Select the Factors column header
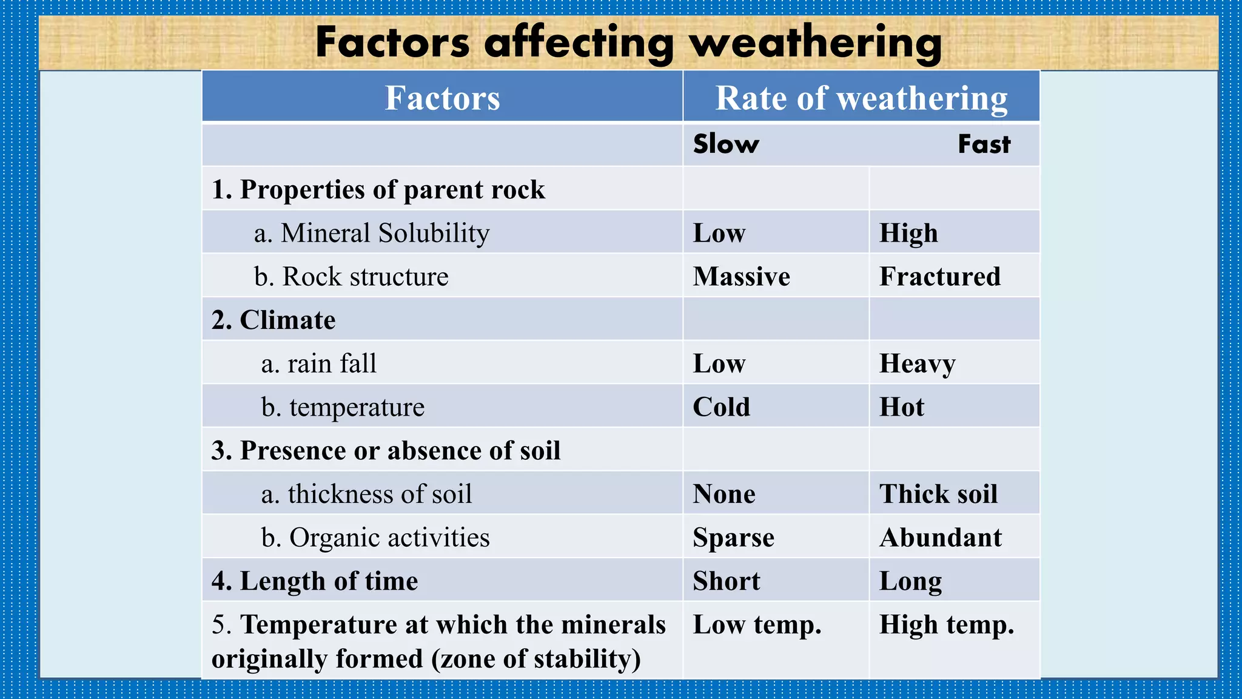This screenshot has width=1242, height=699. pos(442,98)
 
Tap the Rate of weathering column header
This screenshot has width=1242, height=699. pos(861,98)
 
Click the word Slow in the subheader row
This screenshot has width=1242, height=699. pos(725,144)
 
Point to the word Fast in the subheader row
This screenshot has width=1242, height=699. pos(984,144)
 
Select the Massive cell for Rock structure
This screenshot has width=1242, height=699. pos(741,277)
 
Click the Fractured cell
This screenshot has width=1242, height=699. pos(939,277)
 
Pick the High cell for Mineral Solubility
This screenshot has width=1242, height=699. pos(908,234)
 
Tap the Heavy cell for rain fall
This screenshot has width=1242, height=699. pos(917,364)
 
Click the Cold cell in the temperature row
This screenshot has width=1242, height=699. pos(721,407)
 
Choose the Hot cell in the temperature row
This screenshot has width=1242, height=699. pos(902,407)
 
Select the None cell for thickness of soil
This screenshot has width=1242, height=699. pos(724,494)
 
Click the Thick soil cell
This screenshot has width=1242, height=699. pos(938,494)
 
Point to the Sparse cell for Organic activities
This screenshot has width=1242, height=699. pos(733,538)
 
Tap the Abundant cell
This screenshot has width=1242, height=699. pos(941,538)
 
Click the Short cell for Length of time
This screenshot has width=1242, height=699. pos(726,581)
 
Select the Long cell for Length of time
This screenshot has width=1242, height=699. pos(910,581)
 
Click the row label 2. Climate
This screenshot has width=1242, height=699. pos(274,320)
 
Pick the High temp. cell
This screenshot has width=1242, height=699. pos(946,625)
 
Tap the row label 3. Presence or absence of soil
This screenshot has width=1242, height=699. pos(386,450)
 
